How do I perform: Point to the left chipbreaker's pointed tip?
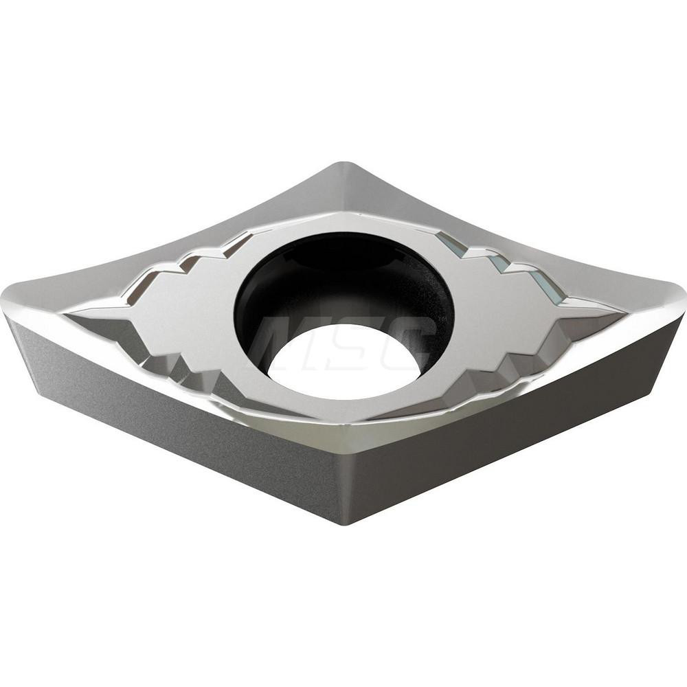click(x=69, y=313)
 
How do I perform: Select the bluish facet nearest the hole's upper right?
click(x=450, y=244)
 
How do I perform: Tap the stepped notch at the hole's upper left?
click(x=237, y=244)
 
